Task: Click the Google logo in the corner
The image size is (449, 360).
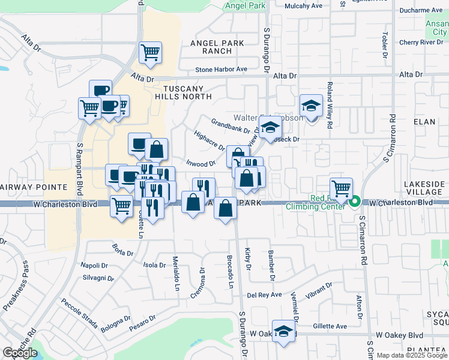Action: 20,353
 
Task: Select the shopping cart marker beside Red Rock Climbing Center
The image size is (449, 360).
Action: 342,188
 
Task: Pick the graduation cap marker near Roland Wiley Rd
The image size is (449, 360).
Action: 312,106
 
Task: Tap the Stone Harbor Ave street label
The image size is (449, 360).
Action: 221,70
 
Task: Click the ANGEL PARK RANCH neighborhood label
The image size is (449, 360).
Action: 217,47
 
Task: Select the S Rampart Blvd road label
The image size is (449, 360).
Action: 79,169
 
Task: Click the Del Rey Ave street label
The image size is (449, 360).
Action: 265,295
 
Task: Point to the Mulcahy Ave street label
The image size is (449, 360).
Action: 303,6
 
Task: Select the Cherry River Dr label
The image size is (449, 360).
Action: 421,43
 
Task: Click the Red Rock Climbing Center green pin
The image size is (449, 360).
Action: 355,202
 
